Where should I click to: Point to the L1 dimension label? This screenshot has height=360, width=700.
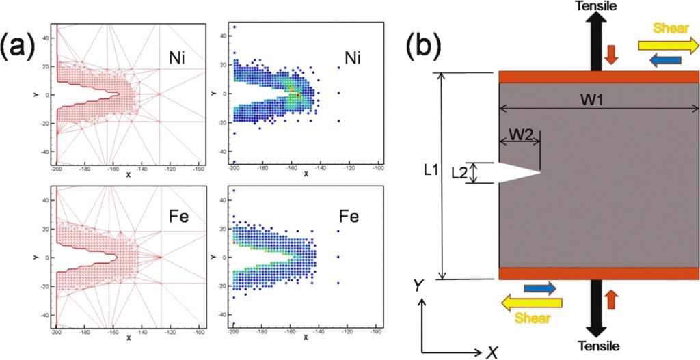430,170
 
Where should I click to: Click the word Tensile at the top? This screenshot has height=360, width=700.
596,6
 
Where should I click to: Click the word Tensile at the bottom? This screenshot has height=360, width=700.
596,346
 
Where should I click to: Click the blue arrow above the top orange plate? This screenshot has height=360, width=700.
665,61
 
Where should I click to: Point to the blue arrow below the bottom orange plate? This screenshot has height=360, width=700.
540,289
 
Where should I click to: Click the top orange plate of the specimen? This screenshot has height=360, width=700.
599,77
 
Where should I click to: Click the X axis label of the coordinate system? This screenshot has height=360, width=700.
491,351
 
